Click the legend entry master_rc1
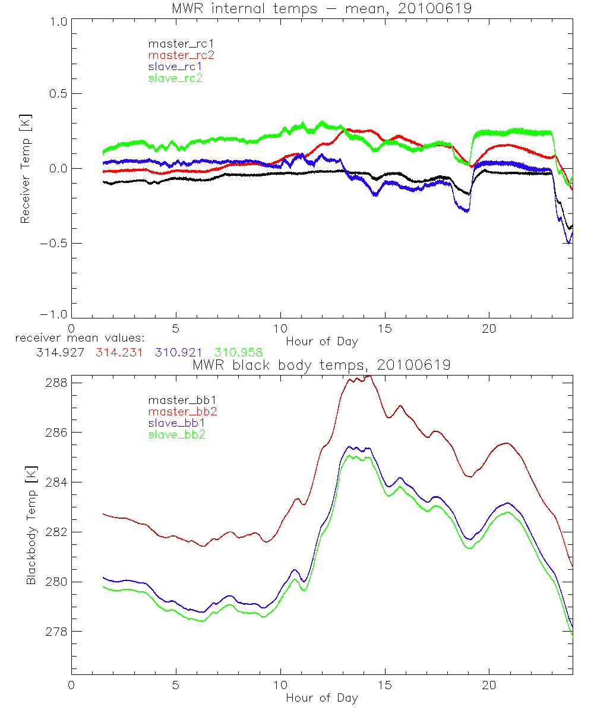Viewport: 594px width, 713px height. click(175, 43)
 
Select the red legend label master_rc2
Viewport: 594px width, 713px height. click(181, 55)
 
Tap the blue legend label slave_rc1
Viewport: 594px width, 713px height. click(175, 67)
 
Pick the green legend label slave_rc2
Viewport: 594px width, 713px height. click(175, 78)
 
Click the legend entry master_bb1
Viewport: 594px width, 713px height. click(176, 400)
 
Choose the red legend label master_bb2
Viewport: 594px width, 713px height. click(182, 412)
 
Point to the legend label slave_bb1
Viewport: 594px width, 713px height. click(176, 424)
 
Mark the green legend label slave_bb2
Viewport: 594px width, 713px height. click(176, 435)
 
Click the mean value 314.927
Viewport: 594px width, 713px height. click(59, 352)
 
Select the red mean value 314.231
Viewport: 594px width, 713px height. click(119, 352)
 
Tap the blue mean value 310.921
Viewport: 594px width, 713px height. click(178, 352)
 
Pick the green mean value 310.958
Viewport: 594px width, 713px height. click(238, 352)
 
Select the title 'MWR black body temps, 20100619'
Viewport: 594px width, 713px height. click(321, 365)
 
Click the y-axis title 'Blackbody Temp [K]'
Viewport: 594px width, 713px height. click(31, 526)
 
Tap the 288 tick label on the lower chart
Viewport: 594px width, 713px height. click(55, 383)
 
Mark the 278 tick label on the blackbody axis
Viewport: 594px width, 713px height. click(55, 632)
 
